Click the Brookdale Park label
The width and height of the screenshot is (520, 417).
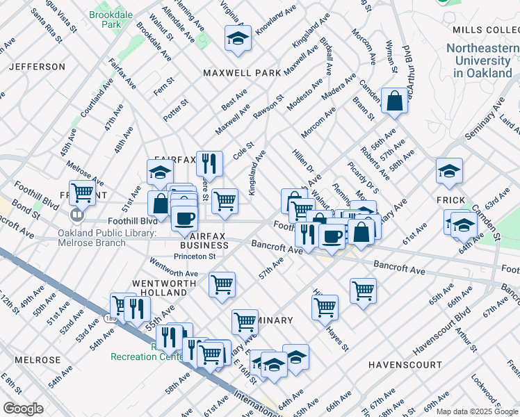pyautogui.click(x=106, y=19)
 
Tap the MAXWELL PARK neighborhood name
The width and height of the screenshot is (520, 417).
pyautogui.click(x=242, y=73)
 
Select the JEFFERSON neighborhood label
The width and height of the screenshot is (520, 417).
pyautogui.click(x=37, y=67)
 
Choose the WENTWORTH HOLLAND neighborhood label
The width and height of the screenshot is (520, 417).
pyautogui.click(x=159, y=288)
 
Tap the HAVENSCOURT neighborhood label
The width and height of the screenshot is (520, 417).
pyautogui.click(x=405, y=364)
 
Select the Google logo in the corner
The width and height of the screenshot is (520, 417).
pyautogui.click(x=24, y=409)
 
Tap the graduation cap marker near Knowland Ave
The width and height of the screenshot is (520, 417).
pyautogui.click(x=238, y=39)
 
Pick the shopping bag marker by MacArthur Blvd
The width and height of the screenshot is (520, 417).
pyautogui.click(x=394, y=101)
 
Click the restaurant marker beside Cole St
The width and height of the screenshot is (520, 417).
pyautogui.click(x=209, y=164)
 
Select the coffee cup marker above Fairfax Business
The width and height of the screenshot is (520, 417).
pyautogui.click(x=184, y=218)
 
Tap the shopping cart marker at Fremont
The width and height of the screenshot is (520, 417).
pyautogui.click(x=82, y=193)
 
